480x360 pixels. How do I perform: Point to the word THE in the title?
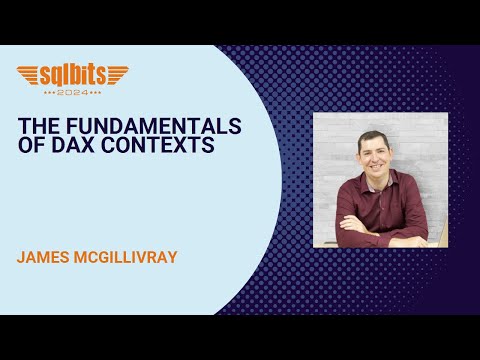(x=41, y=127)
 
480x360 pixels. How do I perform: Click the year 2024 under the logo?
(x=72, y=90)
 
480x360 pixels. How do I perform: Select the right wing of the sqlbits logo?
(x=115, y=74)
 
